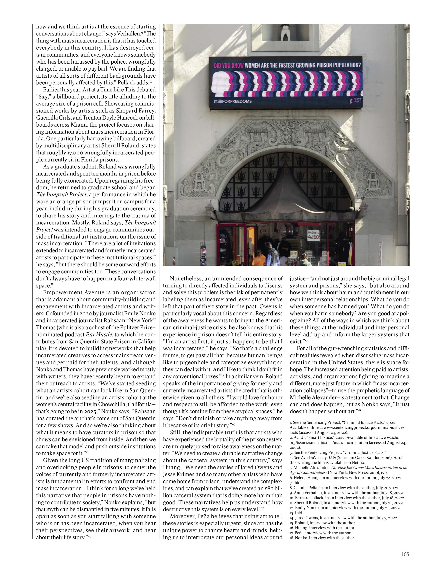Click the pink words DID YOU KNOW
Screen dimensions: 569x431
229,65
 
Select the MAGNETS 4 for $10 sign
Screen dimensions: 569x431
313,236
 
